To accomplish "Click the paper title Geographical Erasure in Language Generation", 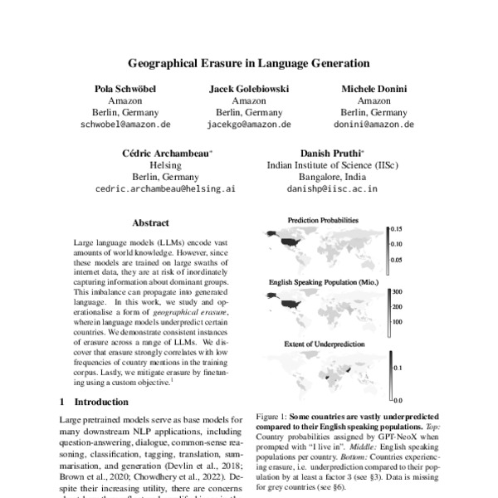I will (248, 62).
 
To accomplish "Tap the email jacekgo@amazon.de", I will (249, 124).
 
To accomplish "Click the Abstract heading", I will (150, 222).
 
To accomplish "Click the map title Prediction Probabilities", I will (323, 220).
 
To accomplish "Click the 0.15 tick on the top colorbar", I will (398, 228).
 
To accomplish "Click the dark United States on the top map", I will (291, 241).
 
